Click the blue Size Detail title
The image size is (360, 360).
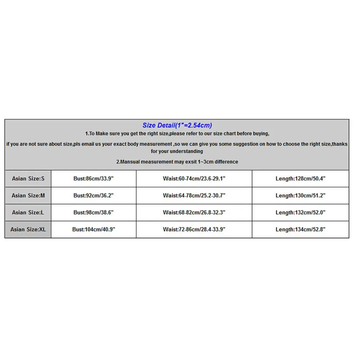coord(177,126)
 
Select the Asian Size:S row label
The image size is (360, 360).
coord(28,179)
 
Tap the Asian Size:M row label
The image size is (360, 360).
coord(28,196)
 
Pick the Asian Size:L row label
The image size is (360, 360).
coord(28,212)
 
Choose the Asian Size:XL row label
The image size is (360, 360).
coord(28,229)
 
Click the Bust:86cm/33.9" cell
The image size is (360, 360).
coord(93,179)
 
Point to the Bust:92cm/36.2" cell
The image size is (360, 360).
coord(93,196)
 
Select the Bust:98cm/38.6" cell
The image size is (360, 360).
coord(93,212)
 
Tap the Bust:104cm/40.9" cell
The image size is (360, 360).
coord(93,229)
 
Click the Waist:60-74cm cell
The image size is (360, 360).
coord(194,179)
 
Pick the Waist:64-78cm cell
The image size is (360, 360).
coord(194,196)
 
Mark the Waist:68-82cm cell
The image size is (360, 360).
coord(194,212)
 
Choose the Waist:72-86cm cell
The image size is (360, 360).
coord(194,229)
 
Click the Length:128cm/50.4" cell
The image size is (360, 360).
coord(300,179)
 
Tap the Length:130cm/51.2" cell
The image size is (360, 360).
coord(300,196)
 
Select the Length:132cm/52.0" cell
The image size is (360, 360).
coord(300,212)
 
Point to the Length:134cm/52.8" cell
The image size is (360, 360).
coord(300,229)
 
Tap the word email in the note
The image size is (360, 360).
coord(92,144)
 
